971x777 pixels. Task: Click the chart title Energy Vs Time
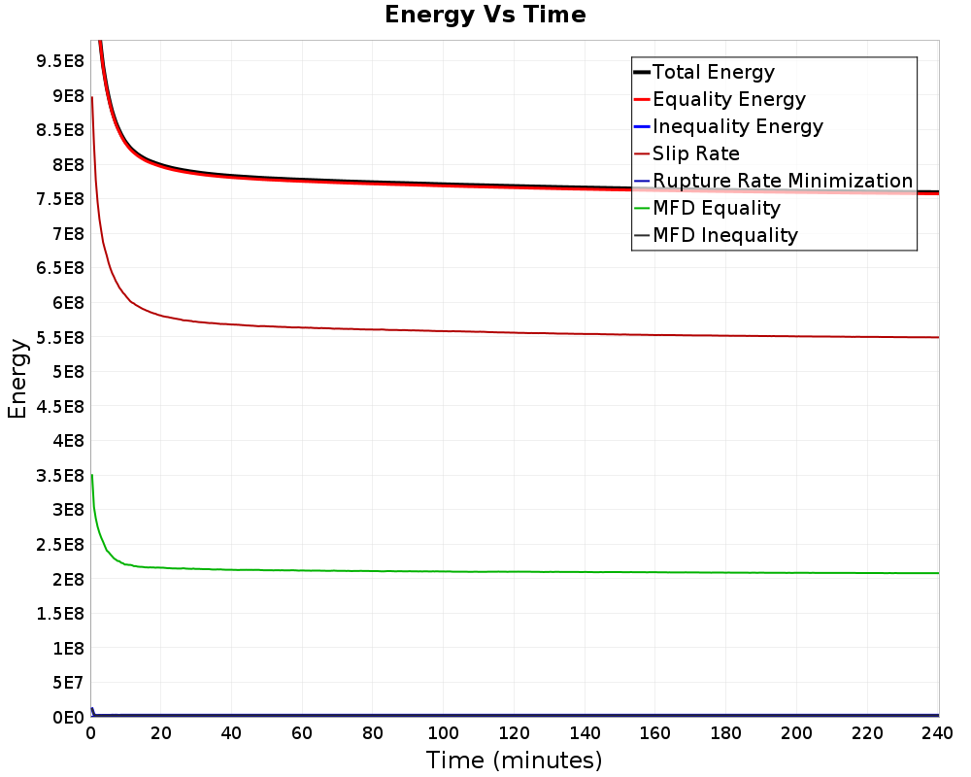tap(485, 15)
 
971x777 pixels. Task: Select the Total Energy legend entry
tap(704, 72)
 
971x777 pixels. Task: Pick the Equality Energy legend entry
tap(720, 99)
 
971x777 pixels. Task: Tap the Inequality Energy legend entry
tap(728, 126)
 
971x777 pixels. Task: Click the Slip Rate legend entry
tap(686, 153)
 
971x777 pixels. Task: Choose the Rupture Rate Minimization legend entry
tap(774, 181)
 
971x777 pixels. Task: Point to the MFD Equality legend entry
tap(707, 208)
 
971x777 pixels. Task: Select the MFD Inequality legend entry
tap(716, 235)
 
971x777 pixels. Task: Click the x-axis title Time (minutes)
tap(514, 760)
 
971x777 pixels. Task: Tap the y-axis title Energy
tap(17, 379)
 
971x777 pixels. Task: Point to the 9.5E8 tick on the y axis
tap(60, 61)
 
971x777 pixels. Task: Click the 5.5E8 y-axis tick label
tap(60, 337)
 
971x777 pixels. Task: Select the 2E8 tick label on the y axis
tap(68, 579)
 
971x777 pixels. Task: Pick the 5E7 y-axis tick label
tap(68, 682)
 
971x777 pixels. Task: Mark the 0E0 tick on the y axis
tap(68, 717)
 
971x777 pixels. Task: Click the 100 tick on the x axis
tap(444, 733)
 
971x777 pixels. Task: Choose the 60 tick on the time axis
tap(302, 733)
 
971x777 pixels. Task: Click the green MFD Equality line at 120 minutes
tap(514, 571)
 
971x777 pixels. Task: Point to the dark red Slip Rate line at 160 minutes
tap(655, 335)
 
